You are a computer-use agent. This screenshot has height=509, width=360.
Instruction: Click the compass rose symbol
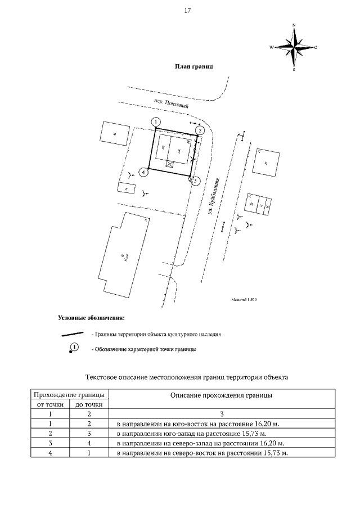(x=294, y=47)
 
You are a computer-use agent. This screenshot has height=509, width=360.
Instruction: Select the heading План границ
(x=194, y=66)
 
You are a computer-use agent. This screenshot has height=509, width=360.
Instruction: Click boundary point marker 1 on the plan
(x=156, y=121)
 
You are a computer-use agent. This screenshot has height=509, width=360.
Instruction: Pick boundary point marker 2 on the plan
(x=199, y=130)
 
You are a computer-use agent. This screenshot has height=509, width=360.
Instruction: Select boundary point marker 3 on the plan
(x=195, y=181)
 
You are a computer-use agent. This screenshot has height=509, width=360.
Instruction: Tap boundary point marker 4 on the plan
(x=145, y=173)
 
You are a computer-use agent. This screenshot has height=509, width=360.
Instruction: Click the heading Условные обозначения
(x=91, y=318)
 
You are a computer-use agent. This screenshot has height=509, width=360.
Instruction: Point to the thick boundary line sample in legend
(x=73, y=334)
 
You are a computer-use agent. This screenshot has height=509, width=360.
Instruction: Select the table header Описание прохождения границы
(x=222, y=395)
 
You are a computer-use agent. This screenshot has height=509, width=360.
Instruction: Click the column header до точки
(x=89, y=404)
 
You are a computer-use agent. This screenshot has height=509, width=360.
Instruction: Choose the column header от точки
(x=49, y=404)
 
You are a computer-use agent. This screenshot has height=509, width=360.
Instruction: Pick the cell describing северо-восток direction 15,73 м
(x=201, y=453)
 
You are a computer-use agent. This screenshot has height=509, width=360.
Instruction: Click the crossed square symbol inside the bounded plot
(x=170, y=163)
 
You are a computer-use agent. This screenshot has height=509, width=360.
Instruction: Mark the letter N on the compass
(x=294, y=25)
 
